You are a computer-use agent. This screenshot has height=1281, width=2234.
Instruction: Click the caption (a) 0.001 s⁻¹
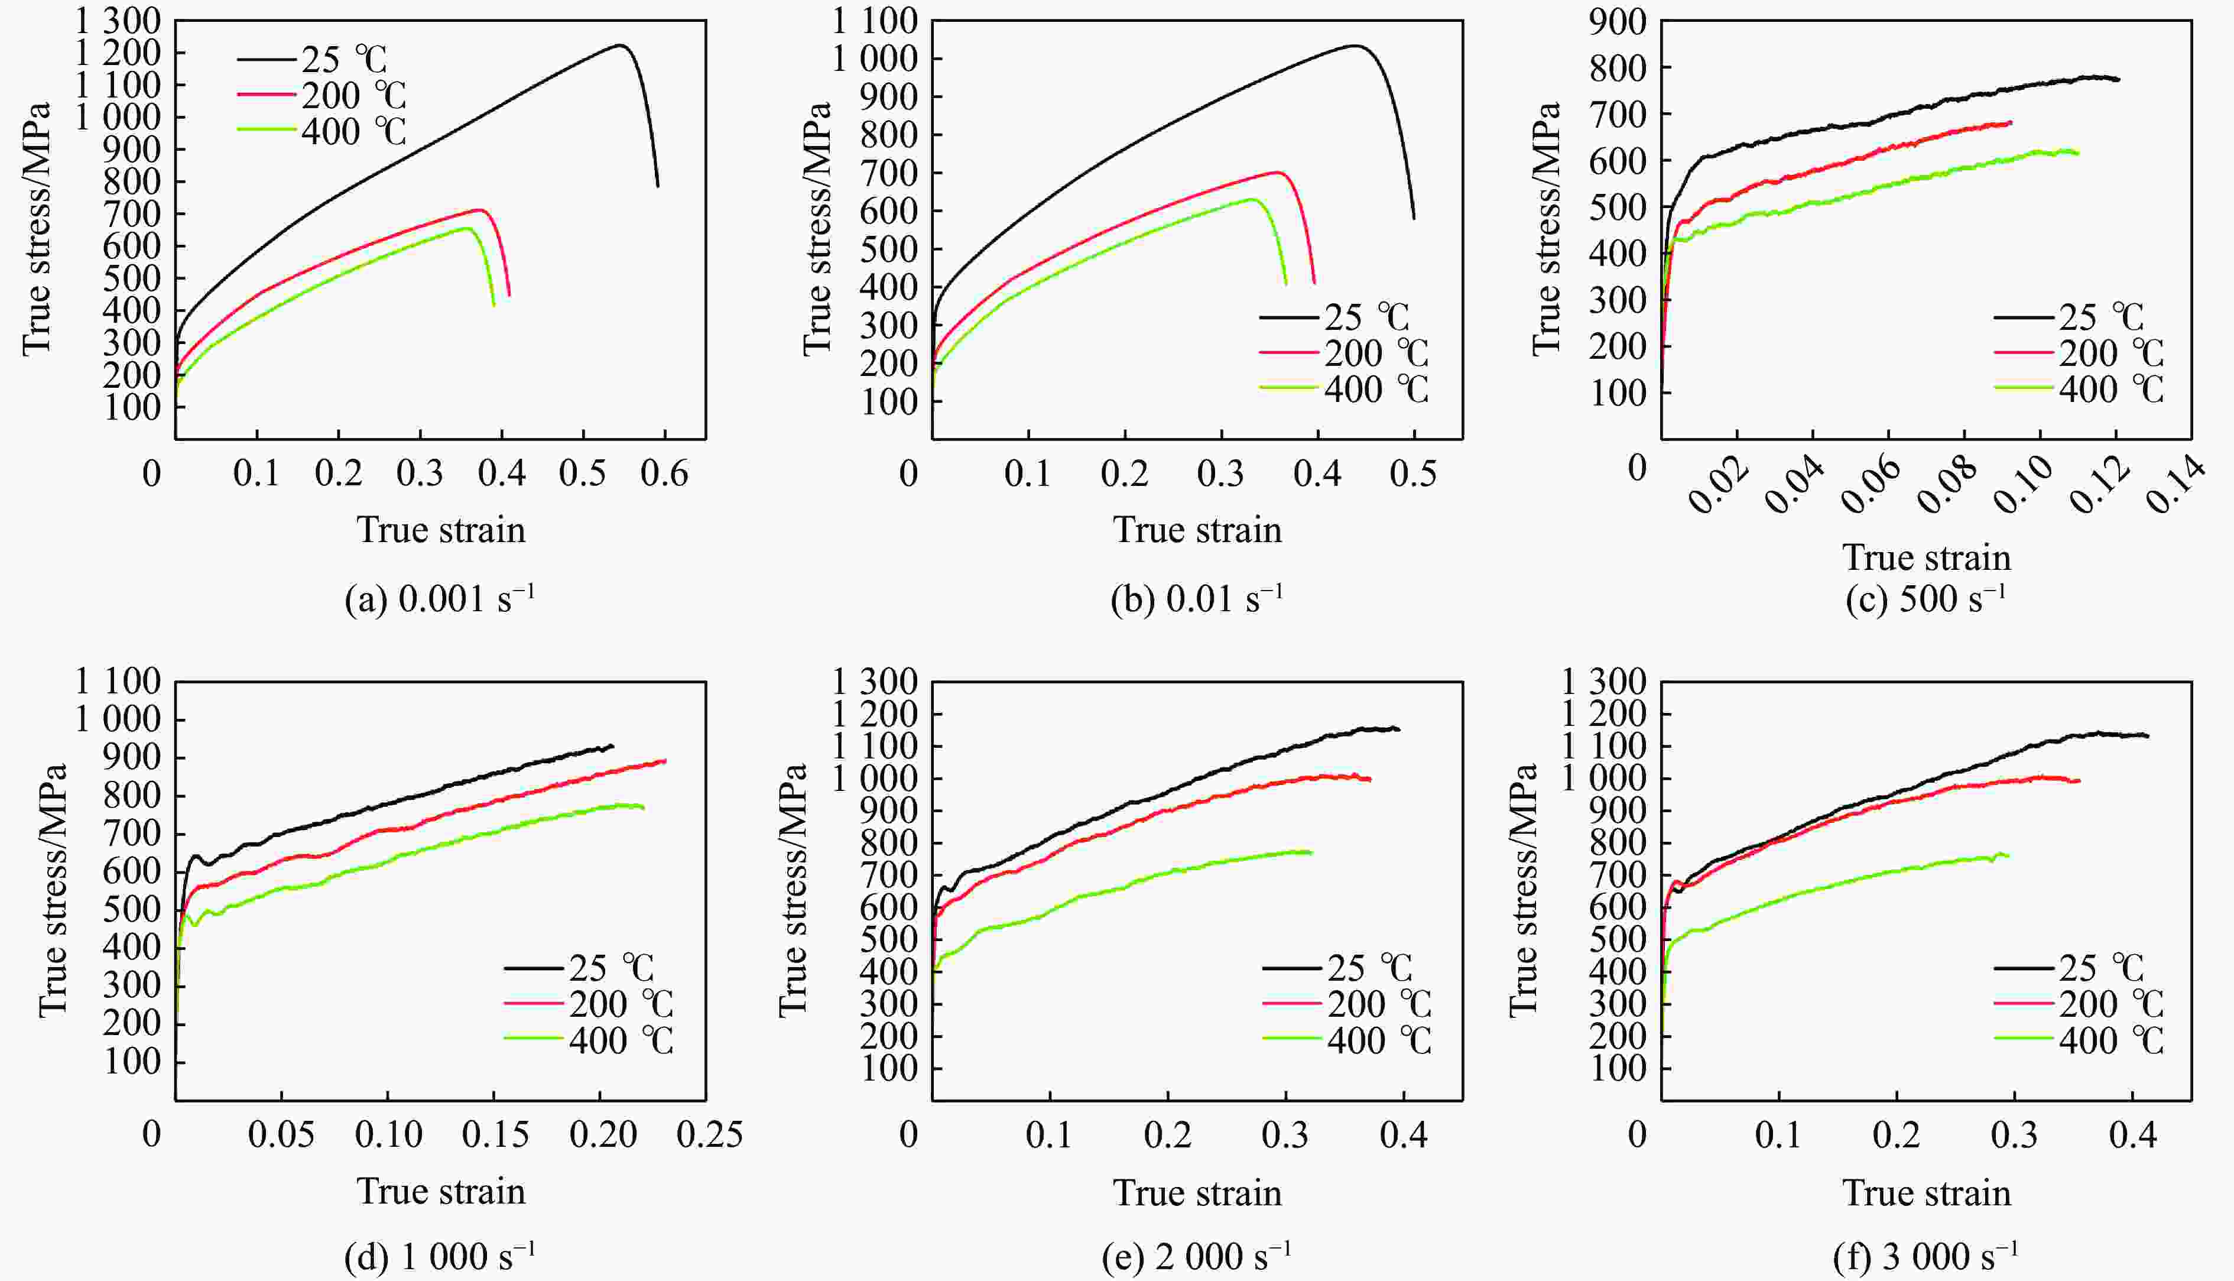440,600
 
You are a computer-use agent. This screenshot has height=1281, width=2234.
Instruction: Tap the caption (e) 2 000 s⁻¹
1196,1256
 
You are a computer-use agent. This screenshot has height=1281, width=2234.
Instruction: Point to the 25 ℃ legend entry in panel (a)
312,60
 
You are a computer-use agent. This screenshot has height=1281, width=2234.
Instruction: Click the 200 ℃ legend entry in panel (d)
589,1004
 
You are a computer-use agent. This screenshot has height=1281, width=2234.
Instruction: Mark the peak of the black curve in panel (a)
620,45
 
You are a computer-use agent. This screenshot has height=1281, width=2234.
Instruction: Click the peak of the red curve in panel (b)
1277,173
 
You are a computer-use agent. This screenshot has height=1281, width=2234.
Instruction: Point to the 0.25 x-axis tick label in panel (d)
709,1135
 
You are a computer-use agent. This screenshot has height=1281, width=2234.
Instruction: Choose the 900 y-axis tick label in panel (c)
1616,21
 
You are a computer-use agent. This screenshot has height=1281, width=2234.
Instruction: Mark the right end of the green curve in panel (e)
1311,852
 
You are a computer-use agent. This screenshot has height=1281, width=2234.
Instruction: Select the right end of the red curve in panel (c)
2011,122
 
